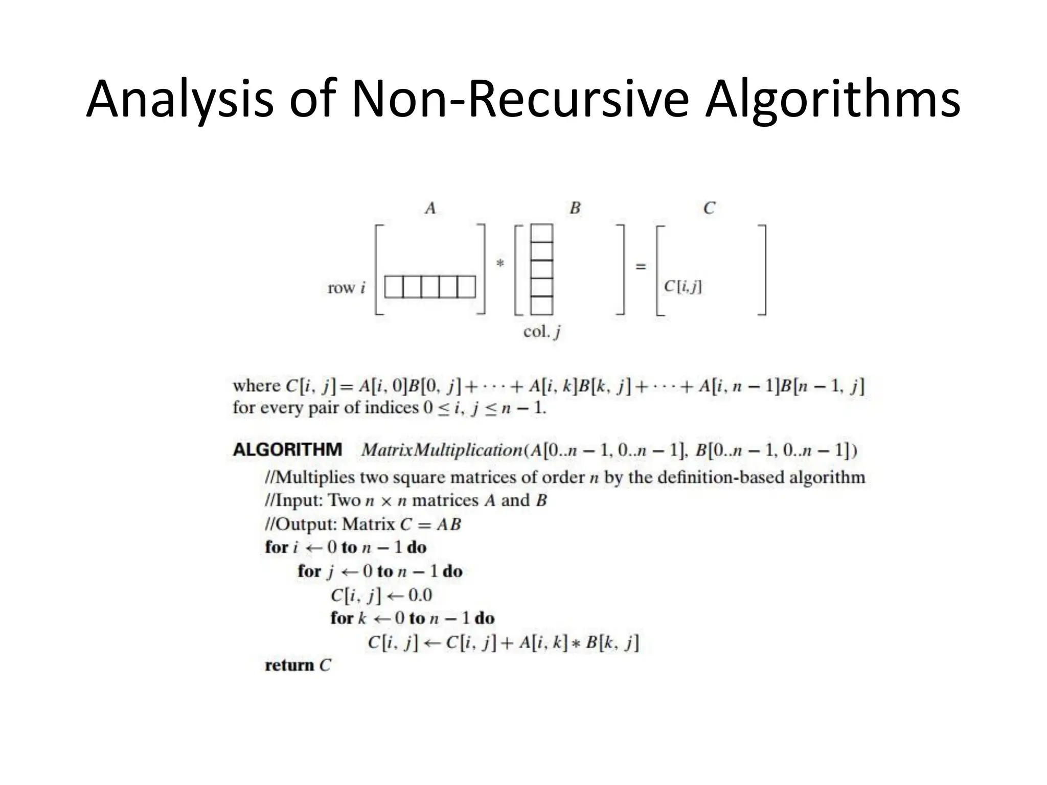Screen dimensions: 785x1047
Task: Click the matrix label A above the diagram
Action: coord(430,209)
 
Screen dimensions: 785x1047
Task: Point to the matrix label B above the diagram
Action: coord(575,209)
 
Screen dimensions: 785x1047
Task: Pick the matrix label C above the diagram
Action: coord(709,209)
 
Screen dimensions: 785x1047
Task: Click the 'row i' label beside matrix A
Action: coord(347,288)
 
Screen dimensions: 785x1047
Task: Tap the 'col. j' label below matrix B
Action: coord(542,332)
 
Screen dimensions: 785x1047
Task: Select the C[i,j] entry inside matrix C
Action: coord(683,287)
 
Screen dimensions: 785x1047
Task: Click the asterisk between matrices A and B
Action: coord(500,264)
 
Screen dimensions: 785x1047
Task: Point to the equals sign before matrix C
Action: coord(641,266)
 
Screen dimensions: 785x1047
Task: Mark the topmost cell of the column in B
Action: coord(542,233)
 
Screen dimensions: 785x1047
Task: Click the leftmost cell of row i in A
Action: coord(394,287)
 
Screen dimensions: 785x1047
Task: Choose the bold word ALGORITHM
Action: coord(287,450)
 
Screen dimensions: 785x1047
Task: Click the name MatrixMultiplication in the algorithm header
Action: coord(442,450)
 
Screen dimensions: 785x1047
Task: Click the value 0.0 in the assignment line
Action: coord(420,595)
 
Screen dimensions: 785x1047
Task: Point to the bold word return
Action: coord(289,665)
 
